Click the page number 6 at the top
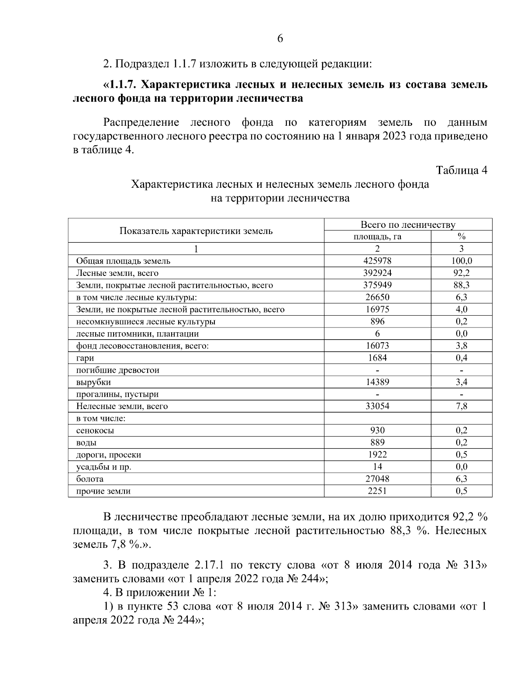280,39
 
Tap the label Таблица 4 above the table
461,170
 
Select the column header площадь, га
377,237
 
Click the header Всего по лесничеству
408,225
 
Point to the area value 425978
377,261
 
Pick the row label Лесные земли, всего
117,273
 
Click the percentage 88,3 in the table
461,286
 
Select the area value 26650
377,297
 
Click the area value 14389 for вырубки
377,382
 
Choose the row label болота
90,479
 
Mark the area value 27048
377,479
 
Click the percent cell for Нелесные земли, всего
461,406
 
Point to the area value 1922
377,454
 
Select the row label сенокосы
95,430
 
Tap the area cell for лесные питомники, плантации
377,334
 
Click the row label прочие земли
103,491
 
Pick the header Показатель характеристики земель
196,231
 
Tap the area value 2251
377,491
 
